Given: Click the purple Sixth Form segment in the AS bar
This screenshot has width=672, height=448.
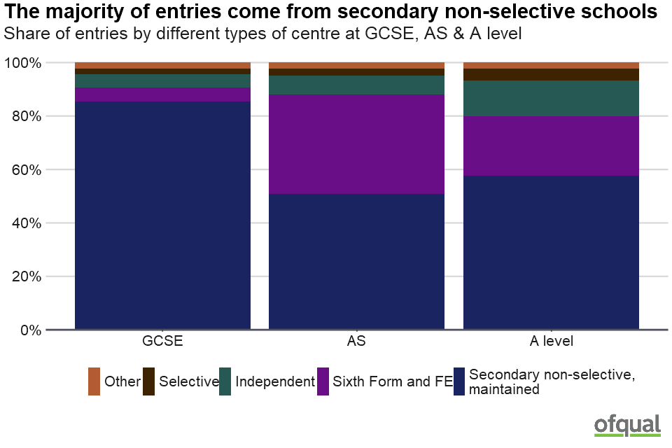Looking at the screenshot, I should click(x=356, y=143).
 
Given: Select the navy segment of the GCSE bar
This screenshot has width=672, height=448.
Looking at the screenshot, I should click(x=162, y=215).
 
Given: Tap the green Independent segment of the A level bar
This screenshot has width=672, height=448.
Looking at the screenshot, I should click(x=551, y=98).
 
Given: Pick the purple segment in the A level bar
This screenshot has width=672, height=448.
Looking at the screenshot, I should click(x=551, y=146).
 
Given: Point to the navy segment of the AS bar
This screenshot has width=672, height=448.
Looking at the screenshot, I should click(x=356, y=261).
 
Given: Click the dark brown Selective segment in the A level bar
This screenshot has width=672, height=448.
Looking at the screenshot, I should click(x=551, y=74).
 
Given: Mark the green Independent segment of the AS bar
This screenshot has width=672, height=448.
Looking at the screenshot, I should click(x=356, y=85).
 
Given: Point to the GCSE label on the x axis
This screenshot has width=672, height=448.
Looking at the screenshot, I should click(x=162, y=342).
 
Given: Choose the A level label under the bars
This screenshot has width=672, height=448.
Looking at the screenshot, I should click(x=551, y=342).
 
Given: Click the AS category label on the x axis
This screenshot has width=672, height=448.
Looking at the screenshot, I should click(x=356, y=342).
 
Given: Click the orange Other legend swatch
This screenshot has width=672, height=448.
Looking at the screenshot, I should click(x=94, y=381).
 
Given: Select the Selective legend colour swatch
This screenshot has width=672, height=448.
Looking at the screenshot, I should click(x=148, y=381).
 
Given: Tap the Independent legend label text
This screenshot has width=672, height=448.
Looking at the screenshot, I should click(x=275, y=381).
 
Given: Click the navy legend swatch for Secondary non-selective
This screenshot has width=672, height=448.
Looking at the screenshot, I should click(x=459, y=381).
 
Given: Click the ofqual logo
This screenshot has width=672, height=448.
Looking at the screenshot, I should click(x=627, y=425).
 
